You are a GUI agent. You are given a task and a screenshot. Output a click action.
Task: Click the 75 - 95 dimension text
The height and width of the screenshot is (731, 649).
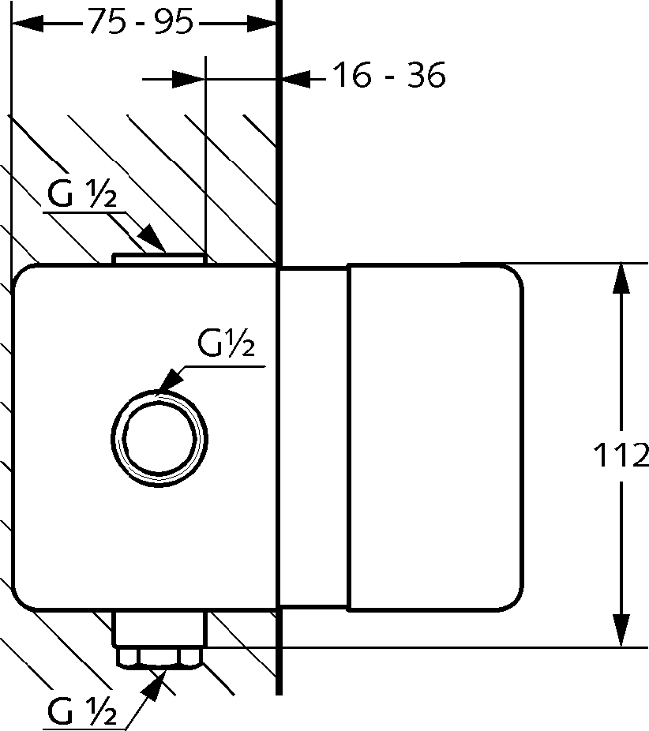pyautogui.click(x=141, y=22)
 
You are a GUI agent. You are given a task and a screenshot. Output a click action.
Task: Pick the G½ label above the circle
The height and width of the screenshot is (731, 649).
pyautogui.click(x=227, y=343)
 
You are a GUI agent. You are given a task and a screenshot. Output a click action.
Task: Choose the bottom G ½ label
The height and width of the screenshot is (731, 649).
pyautogui.click(x=82, y=711)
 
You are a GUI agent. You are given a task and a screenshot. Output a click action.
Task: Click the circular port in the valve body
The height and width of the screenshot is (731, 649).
pyautogui.click(x=159, y=439)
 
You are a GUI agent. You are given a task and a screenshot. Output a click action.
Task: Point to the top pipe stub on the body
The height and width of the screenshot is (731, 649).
pyautogui.click(x=159, y=259)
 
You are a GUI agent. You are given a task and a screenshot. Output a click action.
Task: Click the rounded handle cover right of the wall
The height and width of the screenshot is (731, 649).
pyautogui.click(x=435, y=437)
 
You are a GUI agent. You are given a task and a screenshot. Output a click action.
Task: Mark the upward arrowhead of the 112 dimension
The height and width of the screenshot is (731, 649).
pyautogui.click(x=621, y=279)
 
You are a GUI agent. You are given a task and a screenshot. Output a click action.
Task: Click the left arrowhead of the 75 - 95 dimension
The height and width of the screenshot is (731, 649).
pyautogui.click(x=27, y=23)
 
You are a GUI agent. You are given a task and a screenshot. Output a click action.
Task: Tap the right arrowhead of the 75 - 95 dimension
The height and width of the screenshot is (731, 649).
pyautogui.click(x=261, y=23)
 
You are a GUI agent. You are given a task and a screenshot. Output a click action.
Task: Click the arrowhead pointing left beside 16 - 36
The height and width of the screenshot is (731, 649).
pyautogui.click(x=295, y=79)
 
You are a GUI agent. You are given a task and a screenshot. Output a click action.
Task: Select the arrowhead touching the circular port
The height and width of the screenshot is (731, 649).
pyautogui.click(x=171, y=379)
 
